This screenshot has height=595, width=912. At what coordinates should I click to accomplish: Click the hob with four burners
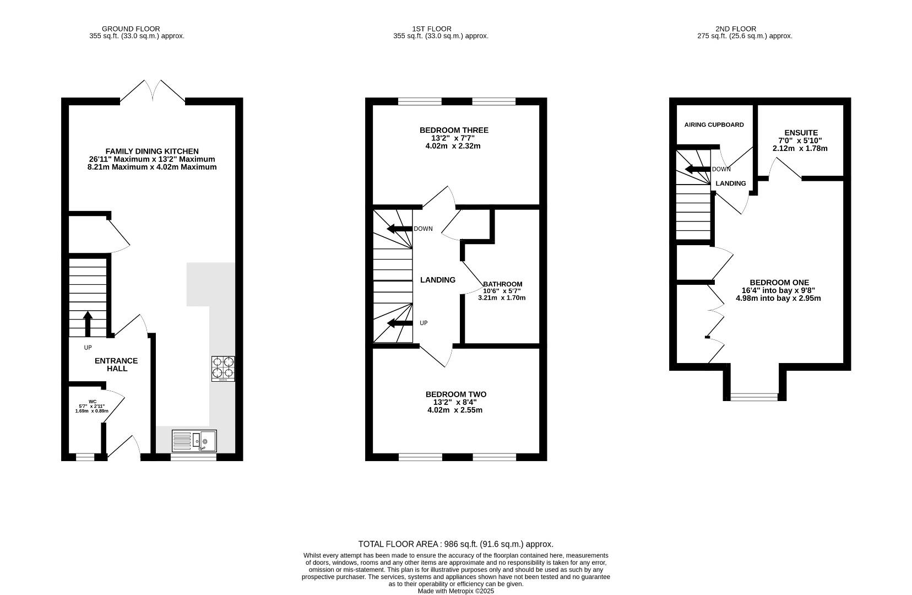[223, 369]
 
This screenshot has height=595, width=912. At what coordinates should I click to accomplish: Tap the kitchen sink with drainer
[194, 441]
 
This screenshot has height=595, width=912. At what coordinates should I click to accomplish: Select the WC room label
[93, 402]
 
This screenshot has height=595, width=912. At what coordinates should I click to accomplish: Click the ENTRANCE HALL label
[116, 365]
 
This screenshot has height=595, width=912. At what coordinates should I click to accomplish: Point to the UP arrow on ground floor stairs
[88, 324]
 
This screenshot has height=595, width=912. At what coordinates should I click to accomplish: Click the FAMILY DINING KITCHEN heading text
[152, 151]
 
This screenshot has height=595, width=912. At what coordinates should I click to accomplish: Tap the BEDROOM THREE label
[454, 130]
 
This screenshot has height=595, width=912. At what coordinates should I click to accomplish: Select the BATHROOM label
[502, 284]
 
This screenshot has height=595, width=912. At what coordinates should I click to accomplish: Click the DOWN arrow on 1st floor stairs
[399, 229]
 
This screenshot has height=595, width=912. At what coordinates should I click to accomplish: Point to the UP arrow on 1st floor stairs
[400, 323]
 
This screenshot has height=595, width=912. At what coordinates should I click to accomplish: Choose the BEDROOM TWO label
[456, 394]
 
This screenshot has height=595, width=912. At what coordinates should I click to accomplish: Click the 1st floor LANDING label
[438, 280]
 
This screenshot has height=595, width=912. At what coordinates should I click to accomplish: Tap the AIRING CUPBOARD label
[714, 125]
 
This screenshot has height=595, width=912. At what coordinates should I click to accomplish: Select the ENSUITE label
[801, 133]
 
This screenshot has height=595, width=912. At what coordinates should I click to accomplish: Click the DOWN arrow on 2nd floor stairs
[698, 169]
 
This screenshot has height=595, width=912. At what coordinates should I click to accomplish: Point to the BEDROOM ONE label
[779, 282]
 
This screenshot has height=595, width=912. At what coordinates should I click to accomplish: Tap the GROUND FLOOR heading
[131, 29]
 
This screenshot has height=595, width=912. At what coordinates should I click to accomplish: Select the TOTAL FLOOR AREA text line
[455, 544]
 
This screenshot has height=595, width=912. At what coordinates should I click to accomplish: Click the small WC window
[85, 457]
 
